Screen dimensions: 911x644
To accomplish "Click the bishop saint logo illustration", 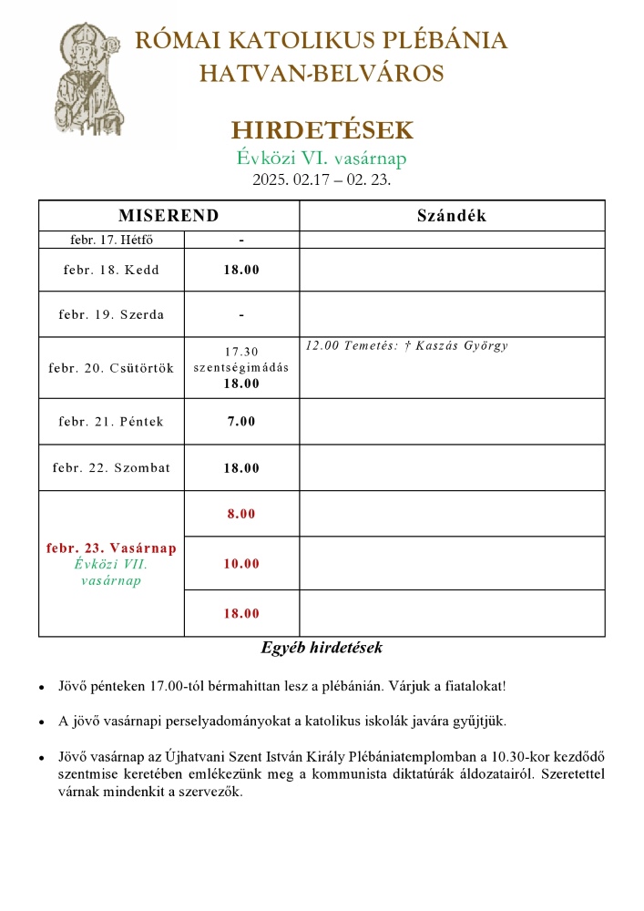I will [x=87, y=80].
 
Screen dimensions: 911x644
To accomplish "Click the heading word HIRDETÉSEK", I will [x=322, y=129].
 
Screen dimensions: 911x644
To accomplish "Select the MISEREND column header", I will [x=169, y=216].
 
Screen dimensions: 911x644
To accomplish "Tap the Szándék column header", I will [x=451, y=216].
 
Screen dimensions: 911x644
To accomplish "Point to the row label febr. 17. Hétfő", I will [x=111, y=240].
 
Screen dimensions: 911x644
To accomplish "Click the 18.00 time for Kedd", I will [x=241, y=270].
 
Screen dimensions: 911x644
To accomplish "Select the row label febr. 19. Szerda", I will [x=111, y=314].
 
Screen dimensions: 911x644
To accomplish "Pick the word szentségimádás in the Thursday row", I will [x=241, y=367].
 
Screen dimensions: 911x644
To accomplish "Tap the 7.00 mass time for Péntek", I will [x=241, y=421].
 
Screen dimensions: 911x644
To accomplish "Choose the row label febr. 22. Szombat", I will [x=111, y=468].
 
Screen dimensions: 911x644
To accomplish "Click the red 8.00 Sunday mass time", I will [x=241, y=514].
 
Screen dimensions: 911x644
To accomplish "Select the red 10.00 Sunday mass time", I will [x=241, y=564].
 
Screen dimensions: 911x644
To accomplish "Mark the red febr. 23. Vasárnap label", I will [x=111, y=548].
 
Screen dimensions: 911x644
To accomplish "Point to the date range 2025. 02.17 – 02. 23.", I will [x=322, y=179].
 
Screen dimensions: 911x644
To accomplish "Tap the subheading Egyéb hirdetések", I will [x=322, y=649].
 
